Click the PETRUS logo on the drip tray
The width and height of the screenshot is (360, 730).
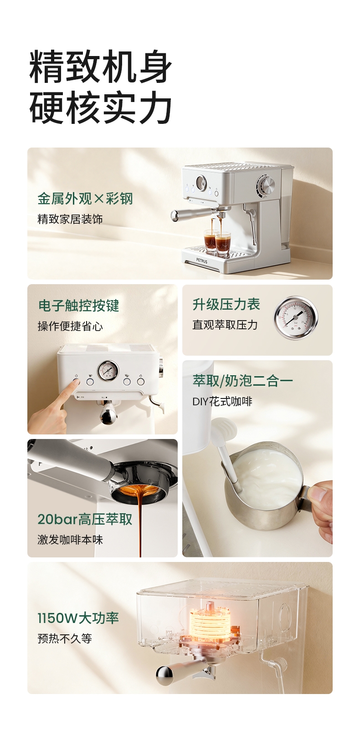[202, 261]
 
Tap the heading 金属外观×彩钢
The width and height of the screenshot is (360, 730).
[85, 199]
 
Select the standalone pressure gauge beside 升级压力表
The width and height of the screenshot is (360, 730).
[295, 318]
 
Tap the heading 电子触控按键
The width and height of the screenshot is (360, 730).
[78, 306]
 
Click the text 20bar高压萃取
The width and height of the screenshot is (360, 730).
[85, 519]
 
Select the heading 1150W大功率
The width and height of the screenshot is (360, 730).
[78, 618]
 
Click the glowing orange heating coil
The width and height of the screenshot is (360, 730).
[210, 617]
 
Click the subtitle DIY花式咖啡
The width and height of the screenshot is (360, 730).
[222, 402]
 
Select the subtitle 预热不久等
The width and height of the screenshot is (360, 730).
[65, 638]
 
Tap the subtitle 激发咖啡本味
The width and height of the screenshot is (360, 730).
[70, 540]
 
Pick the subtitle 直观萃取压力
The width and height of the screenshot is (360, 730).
[225, 325]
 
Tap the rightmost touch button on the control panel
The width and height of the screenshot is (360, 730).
[140, 381]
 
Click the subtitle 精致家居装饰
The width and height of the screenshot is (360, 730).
[70, 219]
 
